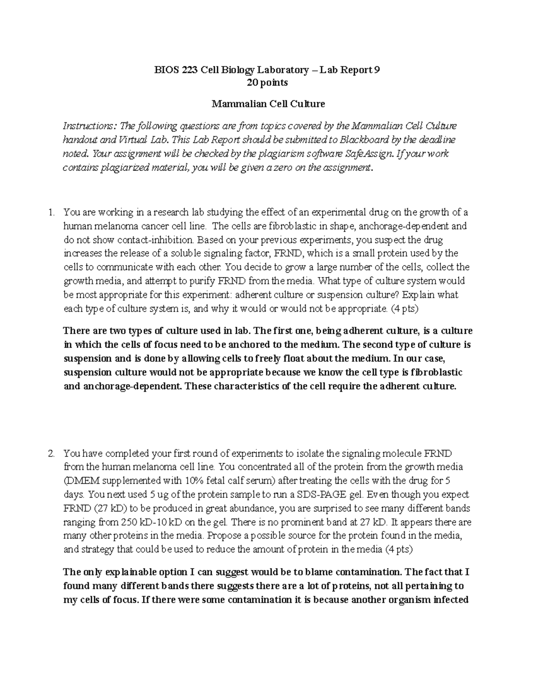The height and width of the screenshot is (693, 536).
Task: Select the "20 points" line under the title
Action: [268, 83]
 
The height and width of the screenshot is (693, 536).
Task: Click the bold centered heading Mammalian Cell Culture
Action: [268, 104]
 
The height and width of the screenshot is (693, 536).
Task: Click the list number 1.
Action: [51, 212]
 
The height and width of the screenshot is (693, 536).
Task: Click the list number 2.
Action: [51, 454]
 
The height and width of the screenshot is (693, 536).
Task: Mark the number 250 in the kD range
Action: [130, 523]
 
